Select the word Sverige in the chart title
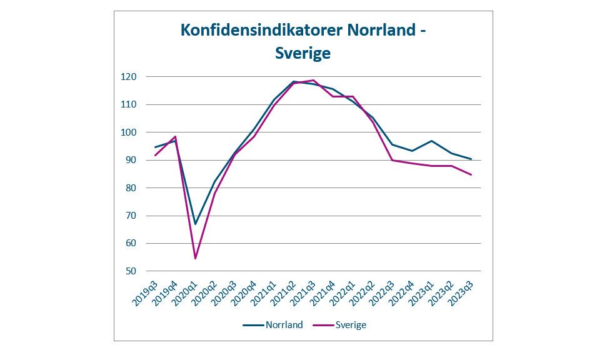click(x=303, y=54)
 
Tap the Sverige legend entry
click(x=351, y=324)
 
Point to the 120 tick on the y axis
click(x=129, y=77)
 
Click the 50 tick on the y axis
click(x=131, y=271)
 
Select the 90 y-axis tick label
click(x=131, y=160)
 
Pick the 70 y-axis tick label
click(x=131, y=216)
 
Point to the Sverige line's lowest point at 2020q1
click(x=195, y=258)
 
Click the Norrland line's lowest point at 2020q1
click(x=195, y=224)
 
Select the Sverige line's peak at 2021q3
click(x=313, y=80)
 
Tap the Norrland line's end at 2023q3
click(x=471, y=159)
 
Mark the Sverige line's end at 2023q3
click(x=471, y=174)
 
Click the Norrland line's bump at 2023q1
click(x=431, y=141)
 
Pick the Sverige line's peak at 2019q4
click(x=176, y=136)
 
